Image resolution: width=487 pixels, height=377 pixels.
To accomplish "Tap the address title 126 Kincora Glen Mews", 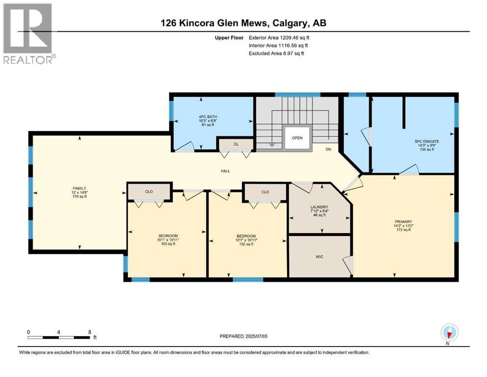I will point(243,23).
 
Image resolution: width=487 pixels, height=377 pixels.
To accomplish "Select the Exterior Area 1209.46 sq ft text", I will point(279,37).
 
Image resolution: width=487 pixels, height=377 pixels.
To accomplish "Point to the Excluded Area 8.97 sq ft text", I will point(276,53).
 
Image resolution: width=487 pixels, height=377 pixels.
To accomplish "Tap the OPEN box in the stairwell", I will point(297,138).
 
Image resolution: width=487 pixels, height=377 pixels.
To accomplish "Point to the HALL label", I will point(225,171).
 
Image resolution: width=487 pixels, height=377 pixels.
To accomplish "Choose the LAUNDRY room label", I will point(319,207).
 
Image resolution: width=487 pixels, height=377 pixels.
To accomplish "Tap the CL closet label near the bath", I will point(236,144).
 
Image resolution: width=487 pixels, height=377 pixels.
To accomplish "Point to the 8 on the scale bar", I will point(89,332).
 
